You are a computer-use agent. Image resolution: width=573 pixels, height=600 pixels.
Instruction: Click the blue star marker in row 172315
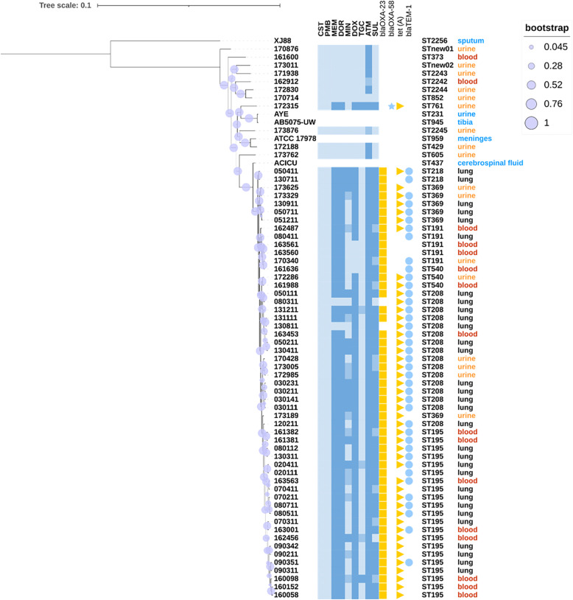click(391, 106)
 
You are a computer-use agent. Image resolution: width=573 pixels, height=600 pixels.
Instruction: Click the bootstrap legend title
click(546, 28)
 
